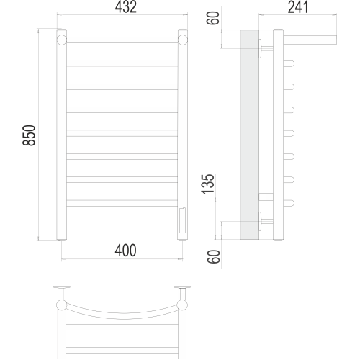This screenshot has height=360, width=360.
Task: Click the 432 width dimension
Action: coord(126,7)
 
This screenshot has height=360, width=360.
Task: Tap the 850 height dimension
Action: coord(29,135)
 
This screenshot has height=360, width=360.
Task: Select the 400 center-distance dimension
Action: coord(125,251)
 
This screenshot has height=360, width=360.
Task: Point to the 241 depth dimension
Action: coord(298,7)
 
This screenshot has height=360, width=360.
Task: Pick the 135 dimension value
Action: coord(208,184)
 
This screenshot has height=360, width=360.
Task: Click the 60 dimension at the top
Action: coord(213,18)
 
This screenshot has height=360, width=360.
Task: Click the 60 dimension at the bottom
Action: coord(214,256)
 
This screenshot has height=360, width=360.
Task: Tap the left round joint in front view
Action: coord(62,40)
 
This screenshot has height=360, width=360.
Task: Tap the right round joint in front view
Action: coord(183,40)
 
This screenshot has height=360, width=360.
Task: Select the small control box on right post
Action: coord(182,220)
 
